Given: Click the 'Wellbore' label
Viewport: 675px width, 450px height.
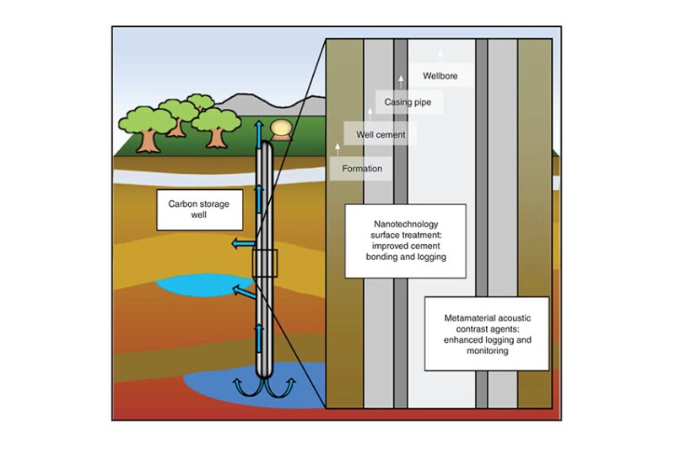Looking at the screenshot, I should click(x=440, y=76).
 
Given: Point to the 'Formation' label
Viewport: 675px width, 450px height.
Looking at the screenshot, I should click(x=362, y=168).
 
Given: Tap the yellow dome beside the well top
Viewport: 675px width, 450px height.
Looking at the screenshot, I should click(x=282, y=128).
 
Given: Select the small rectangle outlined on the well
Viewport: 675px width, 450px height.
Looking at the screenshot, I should click(x=264, y=263).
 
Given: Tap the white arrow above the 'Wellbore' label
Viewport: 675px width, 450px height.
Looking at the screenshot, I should click(x=440, y=53).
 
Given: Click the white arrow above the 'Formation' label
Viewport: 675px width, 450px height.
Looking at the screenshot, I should click(x=337, y=148).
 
